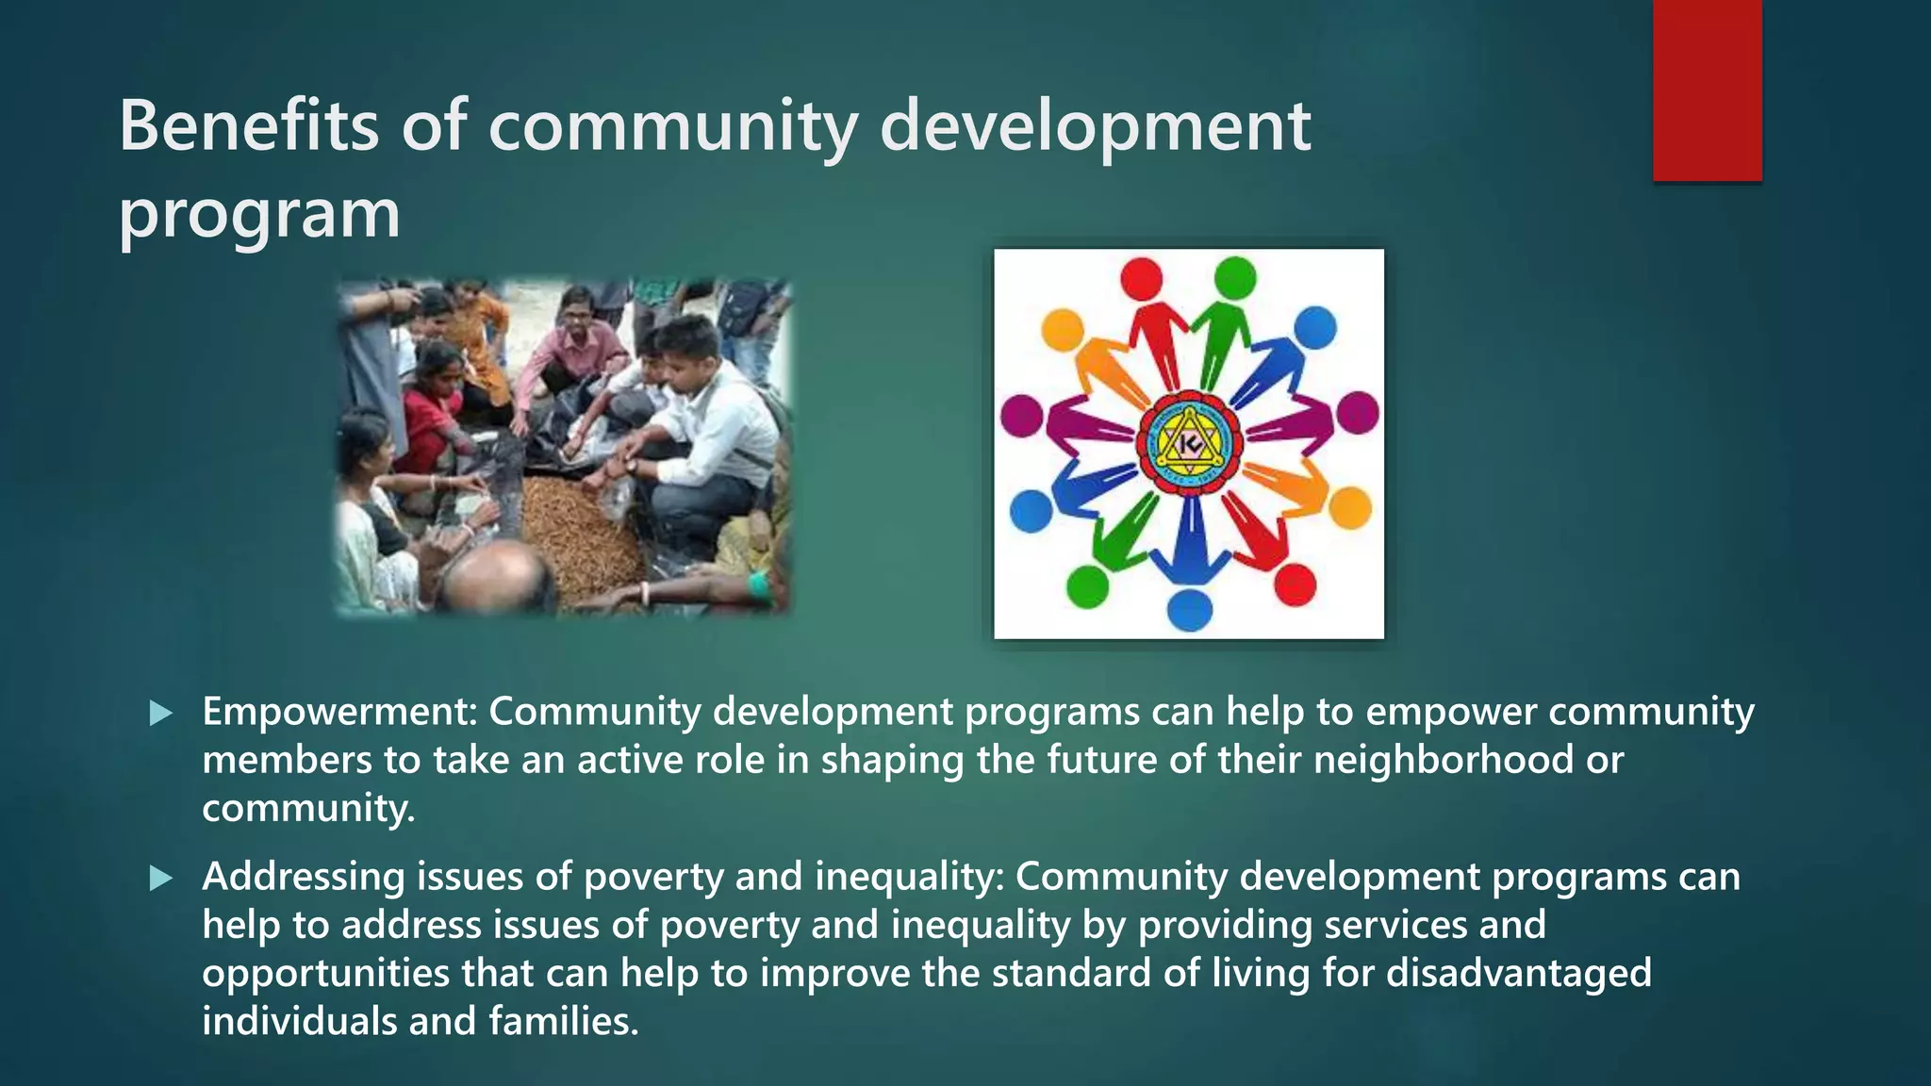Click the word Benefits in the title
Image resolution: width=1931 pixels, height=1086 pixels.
pyautogui.click(x=248, y=125)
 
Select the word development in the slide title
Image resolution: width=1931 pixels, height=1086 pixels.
pyautogui.click(x=1095, y=127)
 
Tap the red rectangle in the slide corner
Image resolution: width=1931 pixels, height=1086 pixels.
pyautogui.click(x=1707, y=90)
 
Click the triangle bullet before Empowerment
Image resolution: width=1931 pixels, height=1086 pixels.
pyautogui.click(x=161, y=714)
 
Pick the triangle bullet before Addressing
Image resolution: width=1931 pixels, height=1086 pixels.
pyautogui.click(x=161, y=879)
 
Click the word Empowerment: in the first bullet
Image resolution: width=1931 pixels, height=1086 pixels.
pyautogui.click(x=339, y=712)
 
